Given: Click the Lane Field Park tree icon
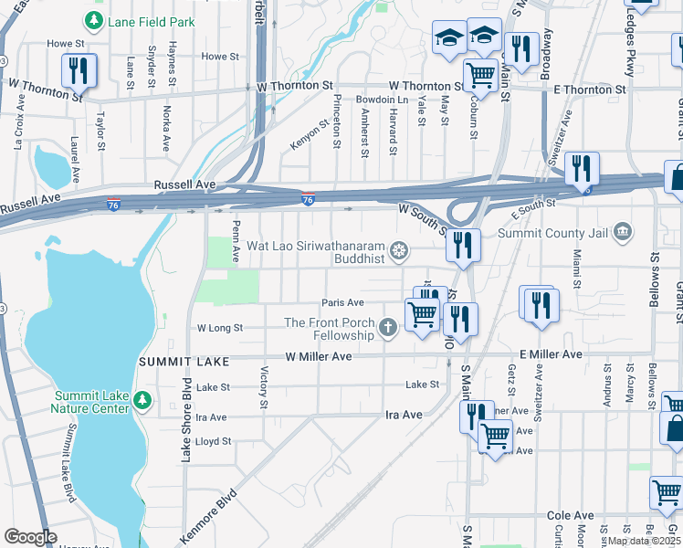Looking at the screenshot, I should pos(94,20).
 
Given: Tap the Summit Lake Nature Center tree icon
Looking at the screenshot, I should pos(142,400).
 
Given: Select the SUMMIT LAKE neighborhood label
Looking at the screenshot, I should pos(175,363).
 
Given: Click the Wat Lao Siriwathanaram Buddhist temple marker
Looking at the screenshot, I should pos(398,249).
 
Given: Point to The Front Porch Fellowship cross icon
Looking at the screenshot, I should pos(388,327).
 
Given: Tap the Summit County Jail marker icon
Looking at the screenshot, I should pos(623,230).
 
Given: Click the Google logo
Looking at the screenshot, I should pos(30,537).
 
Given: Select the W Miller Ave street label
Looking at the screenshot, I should pos(318,356).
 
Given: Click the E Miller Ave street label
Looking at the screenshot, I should pos(551,354).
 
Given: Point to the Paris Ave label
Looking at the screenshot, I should pos(342,303).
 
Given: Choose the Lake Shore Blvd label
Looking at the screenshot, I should pos(186,419).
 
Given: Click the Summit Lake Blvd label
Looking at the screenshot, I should pos(67,475).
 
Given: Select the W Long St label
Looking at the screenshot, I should pos(220,328).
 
